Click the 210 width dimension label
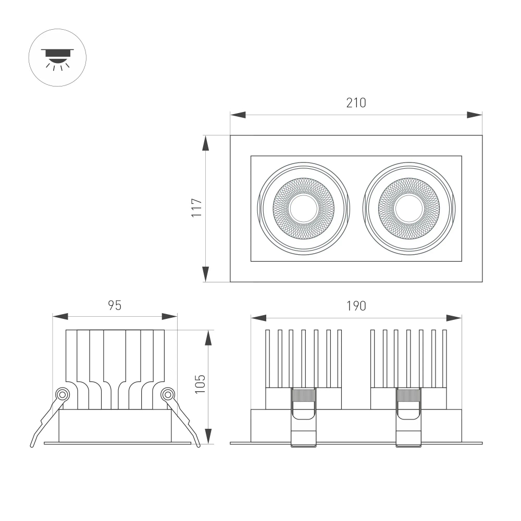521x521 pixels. coord(356,103)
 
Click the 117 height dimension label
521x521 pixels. coord(196,208)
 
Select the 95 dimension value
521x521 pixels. coord(115,305)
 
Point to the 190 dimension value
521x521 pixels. coord(356,306)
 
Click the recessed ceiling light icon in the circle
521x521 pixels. coord(57,58)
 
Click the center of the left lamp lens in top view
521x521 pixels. coord(304,208)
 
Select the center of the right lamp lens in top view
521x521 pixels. coord(409,208)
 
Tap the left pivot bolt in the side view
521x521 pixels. coord(63,394)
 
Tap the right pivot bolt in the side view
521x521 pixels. coord(167,394)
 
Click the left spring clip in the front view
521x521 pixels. coord(304,417)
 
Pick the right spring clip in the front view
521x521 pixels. coord(409,417)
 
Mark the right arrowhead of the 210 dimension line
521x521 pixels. coord(475,115)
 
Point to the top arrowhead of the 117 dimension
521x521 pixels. coord(206,143)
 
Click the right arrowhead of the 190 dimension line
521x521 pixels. coord(454,318)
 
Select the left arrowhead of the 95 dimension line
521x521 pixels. coord(60,316)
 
